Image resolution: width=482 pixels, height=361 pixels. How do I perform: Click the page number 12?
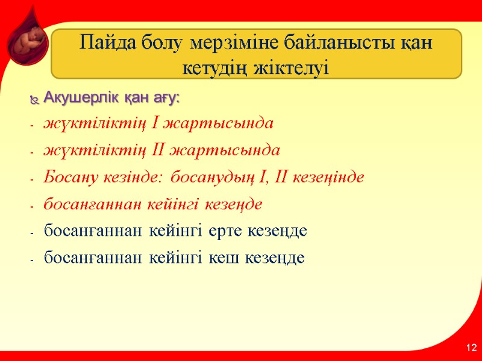point(471,348)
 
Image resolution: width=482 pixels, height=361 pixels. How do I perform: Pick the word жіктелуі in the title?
point(296,66)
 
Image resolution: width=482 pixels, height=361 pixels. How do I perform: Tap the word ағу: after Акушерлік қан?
point(167,97)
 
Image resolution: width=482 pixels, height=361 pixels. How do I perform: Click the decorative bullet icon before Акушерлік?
point(34,98)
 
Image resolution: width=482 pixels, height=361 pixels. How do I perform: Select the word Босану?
point(66,177)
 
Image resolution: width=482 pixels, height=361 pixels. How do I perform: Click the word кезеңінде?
point(328,177)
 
